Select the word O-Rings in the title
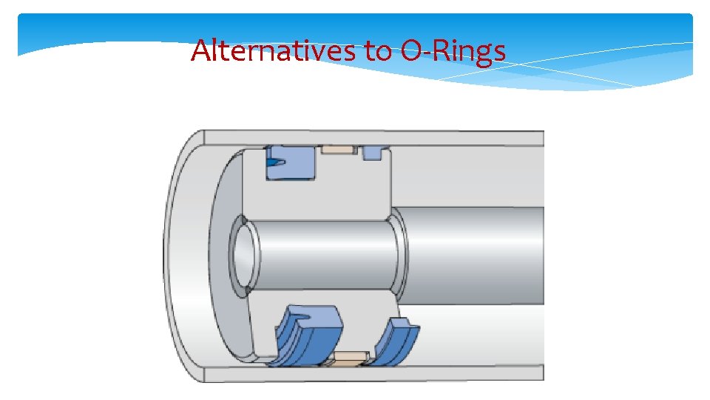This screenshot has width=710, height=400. tap(453, 52)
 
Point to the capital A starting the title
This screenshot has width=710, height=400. tap(200, 50)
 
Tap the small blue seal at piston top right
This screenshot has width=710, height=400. tap(373, 152)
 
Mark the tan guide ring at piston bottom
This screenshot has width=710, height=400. tap(348, 359)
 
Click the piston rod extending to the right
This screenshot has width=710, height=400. tap(473, 244)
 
